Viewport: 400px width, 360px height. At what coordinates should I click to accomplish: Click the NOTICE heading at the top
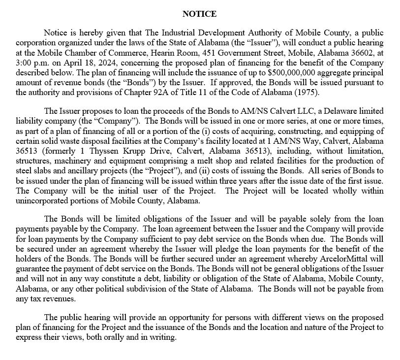click(x=199, y=14)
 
